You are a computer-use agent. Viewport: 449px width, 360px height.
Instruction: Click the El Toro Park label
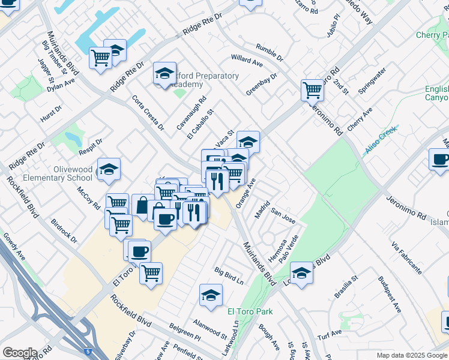click(250, 311)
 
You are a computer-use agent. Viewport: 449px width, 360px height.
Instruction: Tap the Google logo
click(20, 353)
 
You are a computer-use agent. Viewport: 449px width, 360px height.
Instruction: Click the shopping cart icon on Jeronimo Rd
click(312, 90)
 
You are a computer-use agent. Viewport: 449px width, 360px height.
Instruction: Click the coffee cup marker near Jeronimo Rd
click(440, 160)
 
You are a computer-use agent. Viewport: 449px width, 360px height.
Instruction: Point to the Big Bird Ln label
click(229, 276)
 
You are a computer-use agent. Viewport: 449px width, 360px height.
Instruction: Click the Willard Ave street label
click(247, 61)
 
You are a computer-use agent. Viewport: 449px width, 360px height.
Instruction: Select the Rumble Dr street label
click(269, 53)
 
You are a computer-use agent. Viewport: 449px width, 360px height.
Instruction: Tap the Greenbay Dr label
click(262, 85)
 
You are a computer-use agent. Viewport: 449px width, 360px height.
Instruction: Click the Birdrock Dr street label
click(64, 230)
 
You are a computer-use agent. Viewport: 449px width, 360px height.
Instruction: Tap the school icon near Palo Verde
click(301, 272)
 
